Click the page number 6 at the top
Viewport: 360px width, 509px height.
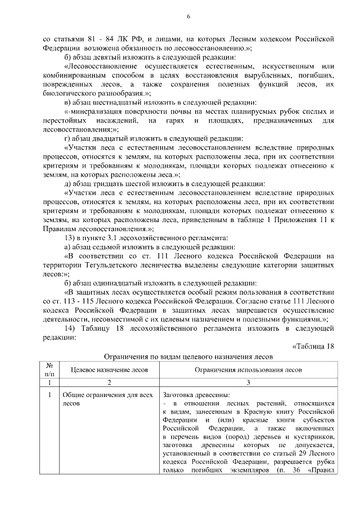189,17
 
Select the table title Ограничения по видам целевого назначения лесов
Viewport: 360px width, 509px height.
188,356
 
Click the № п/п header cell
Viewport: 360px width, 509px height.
50,369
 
